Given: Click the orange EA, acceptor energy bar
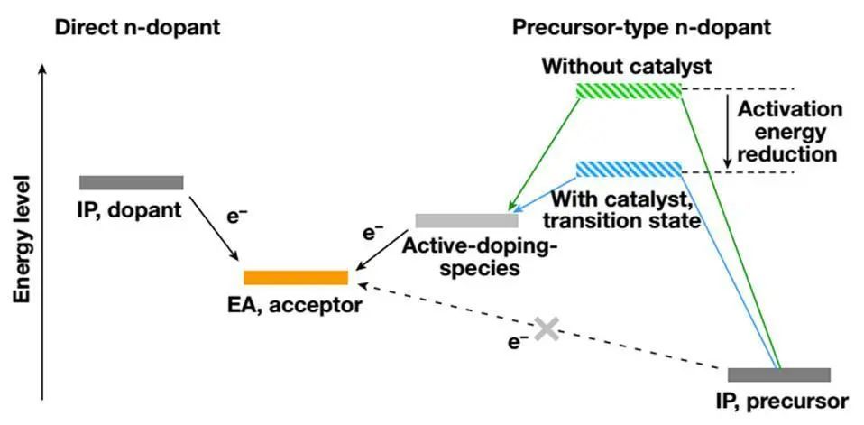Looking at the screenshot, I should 296,277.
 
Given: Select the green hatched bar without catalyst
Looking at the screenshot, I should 629,90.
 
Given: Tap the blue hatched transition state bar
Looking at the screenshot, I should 629,169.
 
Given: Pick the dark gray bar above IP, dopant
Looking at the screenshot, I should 132,183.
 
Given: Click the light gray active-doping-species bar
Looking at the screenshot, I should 466,220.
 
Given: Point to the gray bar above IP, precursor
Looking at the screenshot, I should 778,374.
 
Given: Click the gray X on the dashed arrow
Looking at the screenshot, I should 545,328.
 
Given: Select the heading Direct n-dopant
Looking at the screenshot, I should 137,27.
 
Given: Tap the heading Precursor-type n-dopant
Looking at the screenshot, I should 641,27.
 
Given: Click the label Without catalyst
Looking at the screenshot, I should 629,67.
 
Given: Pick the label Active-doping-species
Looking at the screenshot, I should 474,256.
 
